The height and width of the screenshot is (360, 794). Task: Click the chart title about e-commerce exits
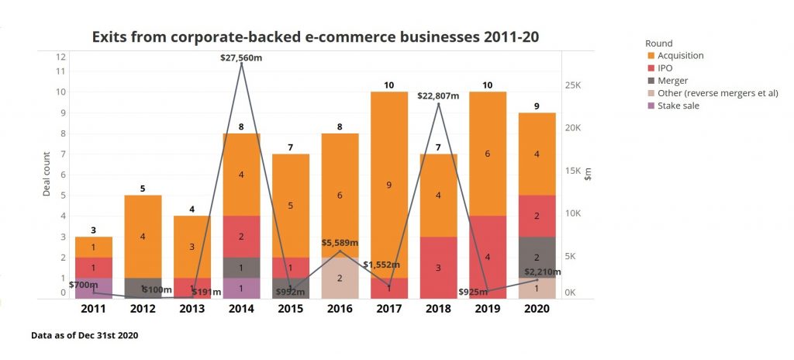click(x=316, y=36)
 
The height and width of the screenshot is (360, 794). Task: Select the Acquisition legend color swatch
click(x=650, y=56)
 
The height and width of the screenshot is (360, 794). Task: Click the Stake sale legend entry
click(x=678, y=106)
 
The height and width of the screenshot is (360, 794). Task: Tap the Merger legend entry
click(x=672, y=81)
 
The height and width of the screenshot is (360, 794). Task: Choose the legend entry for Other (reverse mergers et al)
click(x=717, y=93)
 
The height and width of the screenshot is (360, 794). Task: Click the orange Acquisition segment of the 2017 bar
click(x=388, y=185)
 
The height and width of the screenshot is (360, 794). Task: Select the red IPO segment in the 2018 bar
click(x=439, y=268)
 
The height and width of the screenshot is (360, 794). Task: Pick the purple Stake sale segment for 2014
click(x=241, y=288)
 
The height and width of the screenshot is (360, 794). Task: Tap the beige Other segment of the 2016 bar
click(x=340, y=278)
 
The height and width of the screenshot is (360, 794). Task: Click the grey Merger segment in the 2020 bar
click(x=537, y=258)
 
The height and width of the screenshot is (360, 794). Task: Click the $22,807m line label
click(x=437, y=96)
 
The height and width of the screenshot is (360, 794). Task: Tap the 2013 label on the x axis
click(x=192, y=309)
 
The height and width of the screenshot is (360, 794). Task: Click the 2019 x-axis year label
click(x=488, y=309)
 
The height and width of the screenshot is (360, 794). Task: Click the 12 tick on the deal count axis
click(x=60, y=57)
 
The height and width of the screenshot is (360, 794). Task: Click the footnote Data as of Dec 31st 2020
click(x=85, y=336)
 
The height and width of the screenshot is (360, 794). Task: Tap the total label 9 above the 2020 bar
click(x=537, y=105)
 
